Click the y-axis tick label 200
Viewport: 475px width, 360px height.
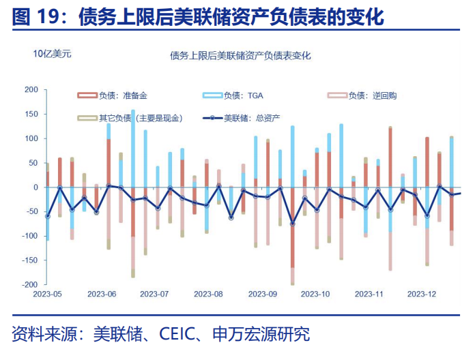click(x=31, y=90)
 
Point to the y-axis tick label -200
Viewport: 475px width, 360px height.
click(x=30, y=284)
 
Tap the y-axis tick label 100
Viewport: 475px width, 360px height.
click(x=31, y=138)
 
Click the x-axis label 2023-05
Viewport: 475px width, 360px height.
click(x=47, y=295)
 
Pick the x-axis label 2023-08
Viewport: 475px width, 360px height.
click(x=207, y=295)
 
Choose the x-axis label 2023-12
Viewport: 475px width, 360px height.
click(x=421, y=295)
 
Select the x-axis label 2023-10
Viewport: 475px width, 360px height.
click(x=315, y=295)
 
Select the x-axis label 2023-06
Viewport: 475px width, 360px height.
click(x=101, y=295)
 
